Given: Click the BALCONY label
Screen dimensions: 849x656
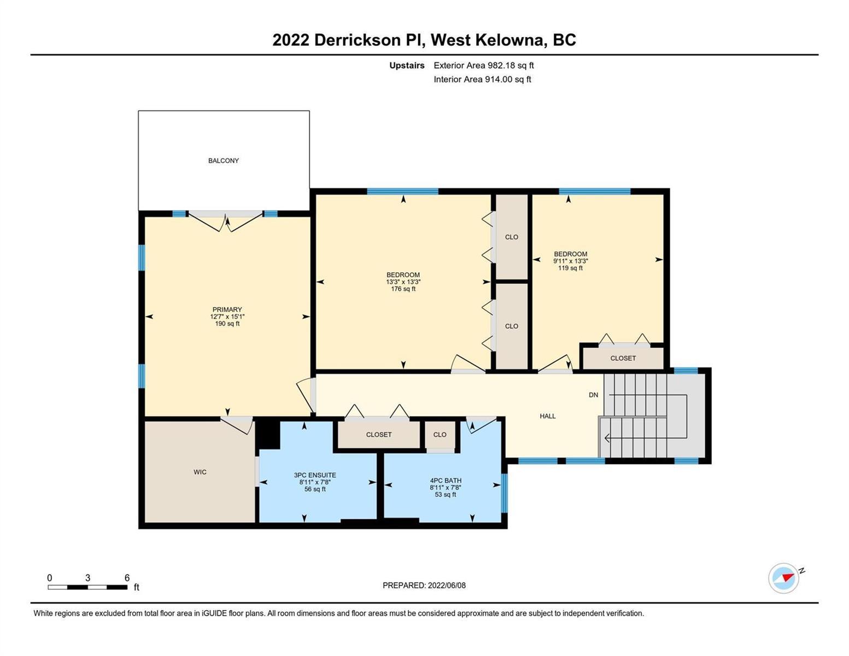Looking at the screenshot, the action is pos(223,161).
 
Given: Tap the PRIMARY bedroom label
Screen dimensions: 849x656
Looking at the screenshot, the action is pos(227,309).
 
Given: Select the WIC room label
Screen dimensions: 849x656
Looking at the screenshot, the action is pos(200,472).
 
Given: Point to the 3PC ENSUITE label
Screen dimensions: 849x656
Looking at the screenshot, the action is pos(315,475).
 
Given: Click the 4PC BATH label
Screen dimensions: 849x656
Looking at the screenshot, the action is pos(446,481).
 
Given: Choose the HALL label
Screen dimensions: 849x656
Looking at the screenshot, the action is pos(547,416).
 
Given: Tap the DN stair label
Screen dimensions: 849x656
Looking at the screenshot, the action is pos(593,395).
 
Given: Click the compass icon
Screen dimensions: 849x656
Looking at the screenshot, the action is pos(784,578).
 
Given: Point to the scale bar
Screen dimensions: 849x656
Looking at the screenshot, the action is pos(87,587).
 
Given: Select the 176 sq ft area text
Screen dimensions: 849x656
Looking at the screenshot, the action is pos(403,289).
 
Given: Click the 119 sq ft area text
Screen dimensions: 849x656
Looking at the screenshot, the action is pos(570,268).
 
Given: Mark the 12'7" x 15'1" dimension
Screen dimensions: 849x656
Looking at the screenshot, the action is pos(227,317).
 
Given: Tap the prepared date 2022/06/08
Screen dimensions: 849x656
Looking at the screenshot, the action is pos(447,585).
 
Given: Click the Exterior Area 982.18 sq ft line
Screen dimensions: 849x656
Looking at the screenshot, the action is pos(483,65).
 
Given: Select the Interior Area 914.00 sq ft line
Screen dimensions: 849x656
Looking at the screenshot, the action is pos(482,79).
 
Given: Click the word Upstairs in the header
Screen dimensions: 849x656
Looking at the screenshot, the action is pos(407,66).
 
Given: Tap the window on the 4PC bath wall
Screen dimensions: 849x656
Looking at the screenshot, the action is pos(504,493).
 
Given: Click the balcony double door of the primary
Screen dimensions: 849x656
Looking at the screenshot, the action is pos(225,221).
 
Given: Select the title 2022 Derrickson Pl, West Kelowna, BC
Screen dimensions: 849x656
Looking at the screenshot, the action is pos(424,40).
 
